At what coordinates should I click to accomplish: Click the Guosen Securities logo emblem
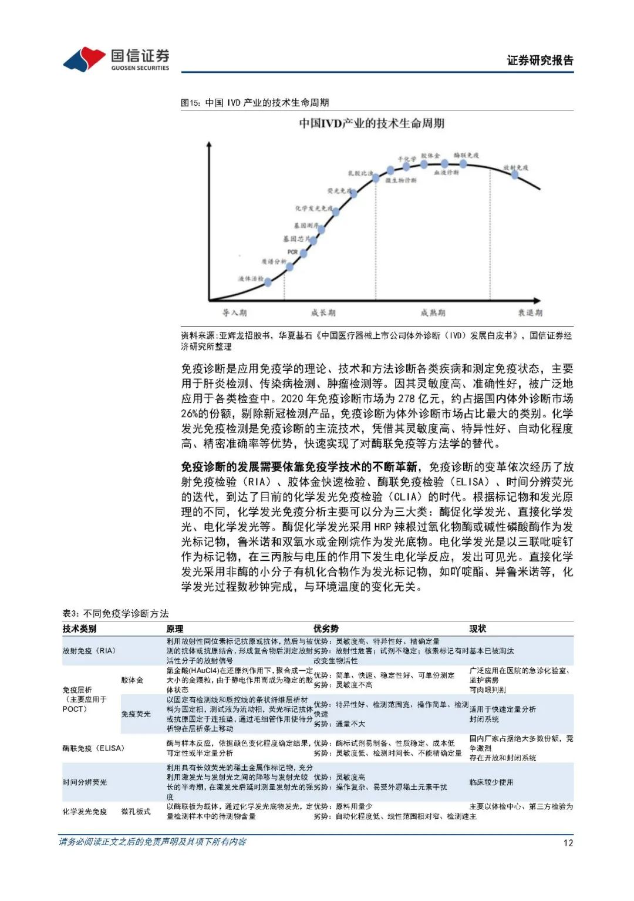tap(84, 59)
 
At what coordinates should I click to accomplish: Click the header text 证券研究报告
tap(539, 60)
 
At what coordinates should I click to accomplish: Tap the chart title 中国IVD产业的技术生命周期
tap(372, 123)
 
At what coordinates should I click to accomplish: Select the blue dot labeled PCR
tap(303, 253)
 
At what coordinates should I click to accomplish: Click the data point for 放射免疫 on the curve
tap(515, 174)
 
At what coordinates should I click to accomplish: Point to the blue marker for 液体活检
tap(268, 282)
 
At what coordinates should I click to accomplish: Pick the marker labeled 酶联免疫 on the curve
tap(463, 164)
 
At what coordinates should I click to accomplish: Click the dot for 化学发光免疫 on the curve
tap(336, 212)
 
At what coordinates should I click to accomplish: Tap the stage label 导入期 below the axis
tap(234, 312)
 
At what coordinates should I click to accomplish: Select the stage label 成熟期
tap(433, 312)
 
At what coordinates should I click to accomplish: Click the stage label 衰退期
tap(530, 312)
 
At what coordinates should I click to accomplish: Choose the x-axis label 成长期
tap(323, 312)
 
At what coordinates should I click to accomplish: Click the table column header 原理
tap(174, 628)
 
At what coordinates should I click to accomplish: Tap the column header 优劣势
tap(326, 628)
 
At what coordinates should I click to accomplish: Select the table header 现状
tap(477, 628)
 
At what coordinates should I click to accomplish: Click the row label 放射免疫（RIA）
tap(89, 651)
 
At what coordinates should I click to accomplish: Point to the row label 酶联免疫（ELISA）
tap(93, 748)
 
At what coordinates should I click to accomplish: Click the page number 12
tap(568, 842)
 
